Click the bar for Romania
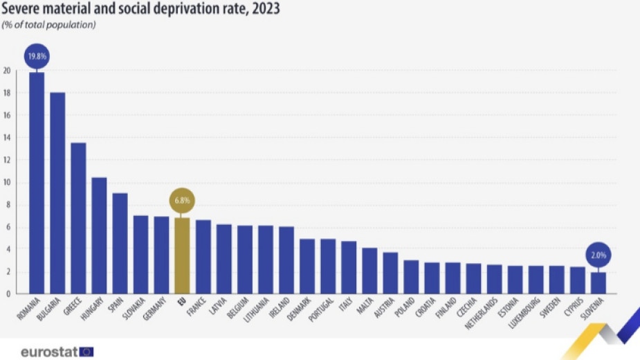click(37, 183)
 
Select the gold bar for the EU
click(182, 255)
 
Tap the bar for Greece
click(78, 218)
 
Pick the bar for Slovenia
click(597, 282)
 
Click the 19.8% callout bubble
click(37, 56)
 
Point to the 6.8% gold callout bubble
click(182, 201)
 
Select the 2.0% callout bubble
click(597, 255)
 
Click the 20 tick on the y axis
click(7, 71)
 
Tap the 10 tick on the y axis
click(7, 183)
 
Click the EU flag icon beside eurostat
click(86, 352)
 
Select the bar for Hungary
click(99, 235)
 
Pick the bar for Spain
click(120, 243)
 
